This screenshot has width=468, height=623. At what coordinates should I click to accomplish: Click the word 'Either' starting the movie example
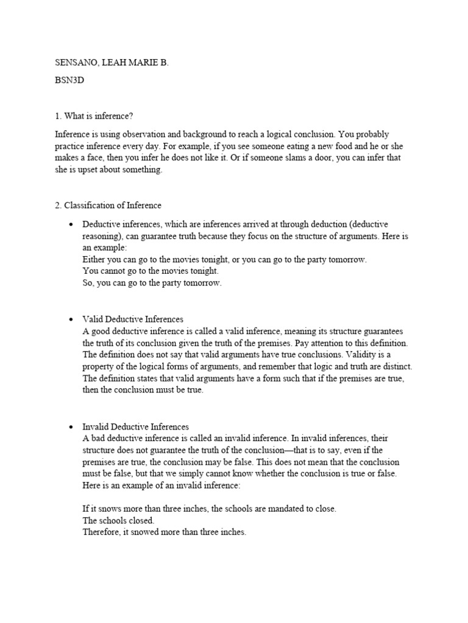(94, 260)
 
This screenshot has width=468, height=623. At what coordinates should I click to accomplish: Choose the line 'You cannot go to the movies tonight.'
(150, 271)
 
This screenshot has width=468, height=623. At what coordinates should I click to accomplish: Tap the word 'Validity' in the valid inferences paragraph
(364, 355)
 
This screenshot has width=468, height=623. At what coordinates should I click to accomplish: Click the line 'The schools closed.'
(119, 521)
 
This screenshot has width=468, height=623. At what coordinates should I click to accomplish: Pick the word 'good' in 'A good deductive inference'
(100, 331)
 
